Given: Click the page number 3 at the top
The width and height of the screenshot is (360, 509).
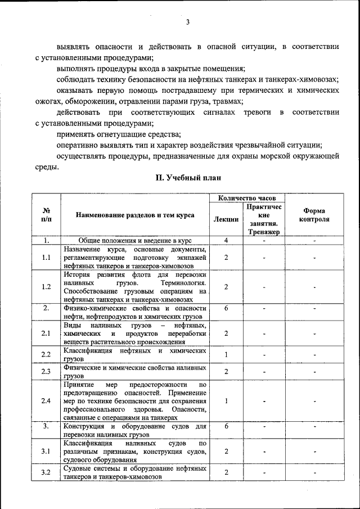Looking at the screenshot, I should (x=188, y=22).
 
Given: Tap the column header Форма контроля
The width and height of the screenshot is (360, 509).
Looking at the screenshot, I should (x=314, y=215).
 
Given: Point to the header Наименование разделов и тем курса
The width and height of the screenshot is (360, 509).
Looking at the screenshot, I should (x=135, y=215).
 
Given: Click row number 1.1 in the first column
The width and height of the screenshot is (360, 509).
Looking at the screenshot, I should (x=46, y=257).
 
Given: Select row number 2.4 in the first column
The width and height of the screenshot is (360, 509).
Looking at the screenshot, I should (x=46, y=401).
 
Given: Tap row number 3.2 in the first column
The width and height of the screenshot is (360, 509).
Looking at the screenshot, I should (x=46, y=472).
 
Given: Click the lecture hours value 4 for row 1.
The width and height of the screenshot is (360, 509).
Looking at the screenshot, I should (x=226, y=240).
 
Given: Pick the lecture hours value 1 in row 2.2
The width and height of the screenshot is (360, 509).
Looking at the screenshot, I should (x=226, y=354).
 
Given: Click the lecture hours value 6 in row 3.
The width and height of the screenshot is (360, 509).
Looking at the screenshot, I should (x=226, y=426).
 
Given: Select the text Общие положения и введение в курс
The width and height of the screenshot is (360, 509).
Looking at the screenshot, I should (x=134, y=240).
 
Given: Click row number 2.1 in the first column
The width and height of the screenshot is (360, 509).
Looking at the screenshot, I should (x=46, y=334).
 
